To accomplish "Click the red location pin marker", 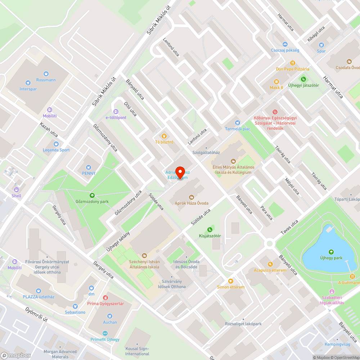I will pos(180,172).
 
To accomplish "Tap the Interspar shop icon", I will pos(28,82).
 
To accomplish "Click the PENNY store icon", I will pos(89,167).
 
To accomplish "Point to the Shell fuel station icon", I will pos(16,190).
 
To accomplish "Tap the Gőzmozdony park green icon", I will pos(92,195).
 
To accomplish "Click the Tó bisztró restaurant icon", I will pos(164,136).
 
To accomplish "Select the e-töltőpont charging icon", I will pos(116,112).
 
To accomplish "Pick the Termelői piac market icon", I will pos(237,123).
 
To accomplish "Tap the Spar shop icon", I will pos(321,45).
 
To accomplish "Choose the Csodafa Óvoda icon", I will pos(348,62).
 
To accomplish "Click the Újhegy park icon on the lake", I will pos(331,252).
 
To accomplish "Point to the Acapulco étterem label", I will pos(270,270).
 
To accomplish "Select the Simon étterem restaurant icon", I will pos(231,281).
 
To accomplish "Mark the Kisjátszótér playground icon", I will pos(210,230).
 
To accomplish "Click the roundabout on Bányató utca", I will pos(269,244).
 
